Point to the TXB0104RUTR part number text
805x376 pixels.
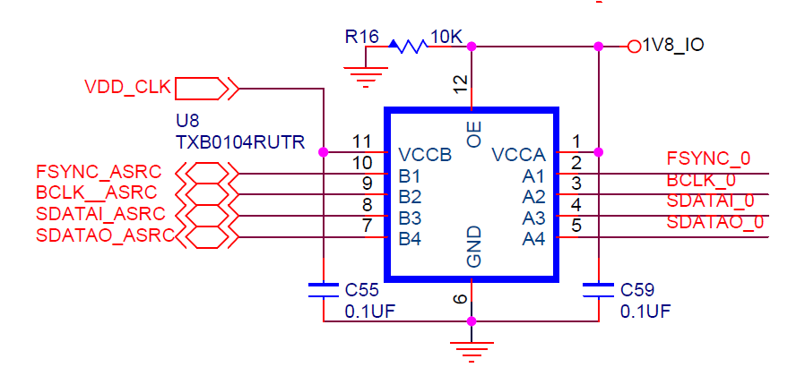coord(239,142)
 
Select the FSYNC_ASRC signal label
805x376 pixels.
coord(100,171)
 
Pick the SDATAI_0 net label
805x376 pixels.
coord(710,201)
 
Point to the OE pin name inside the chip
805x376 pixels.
coord(474,134)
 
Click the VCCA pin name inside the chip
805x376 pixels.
coord(518,155)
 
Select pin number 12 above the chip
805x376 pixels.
coord(460,85)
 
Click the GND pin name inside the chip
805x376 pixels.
coord(474,247)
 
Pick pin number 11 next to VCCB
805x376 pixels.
coord(362,141)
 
